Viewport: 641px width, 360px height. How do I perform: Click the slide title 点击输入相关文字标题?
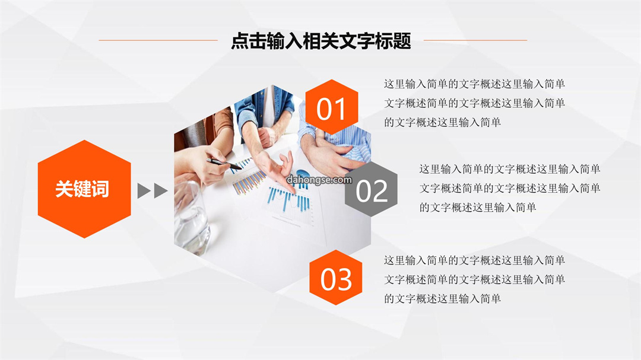click(321, 41)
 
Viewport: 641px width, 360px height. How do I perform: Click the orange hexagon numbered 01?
click(332, 107)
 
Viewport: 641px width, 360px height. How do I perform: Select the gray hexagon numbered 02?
click(371, 189)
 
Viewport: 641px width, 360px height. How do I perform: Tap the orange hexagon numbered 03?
click(335, 278)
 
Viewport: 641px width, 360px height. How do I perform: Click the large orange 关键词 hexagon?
click(84, 189)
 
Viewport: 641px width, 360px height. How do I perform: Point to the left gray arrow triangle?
click(143, 191)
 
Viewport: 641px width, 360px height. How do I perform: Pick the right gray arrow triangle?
click(160, 191)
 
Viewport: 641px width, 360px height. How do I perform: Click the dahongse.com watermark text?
click(319, 180)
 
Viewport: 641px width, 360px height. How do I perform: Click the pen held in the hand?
click(224, 164)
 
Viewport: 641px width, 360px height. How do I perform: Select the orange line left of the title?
click(158, 40)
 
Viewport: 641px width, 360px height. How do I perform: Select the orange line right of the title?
click(475, 40)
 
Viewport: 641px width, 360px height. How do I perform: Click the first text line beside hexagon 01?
click(474, 84)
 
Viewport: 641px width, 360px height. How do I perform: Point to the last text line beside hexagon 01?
click(442, 122)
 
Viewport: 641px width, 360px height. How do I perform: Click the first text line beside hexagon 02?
click(510, 169)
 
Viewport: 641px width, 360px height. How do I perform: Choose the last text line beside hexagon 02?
click(478, 208)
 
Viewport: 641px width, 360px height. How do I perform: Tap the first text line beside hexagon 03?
click(474, 260)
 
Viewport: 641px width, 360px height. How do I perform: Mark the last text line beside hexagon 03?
click(442, 299)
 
